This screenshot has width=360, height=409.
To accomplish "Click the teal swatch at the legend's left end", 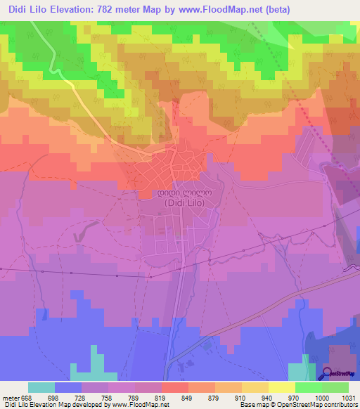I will [41, 387].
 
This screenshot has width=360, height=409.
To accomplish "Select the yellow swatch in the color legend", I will [281, 387].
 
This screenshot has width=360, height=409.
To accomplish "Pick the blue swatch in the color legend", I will [68, 387].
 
